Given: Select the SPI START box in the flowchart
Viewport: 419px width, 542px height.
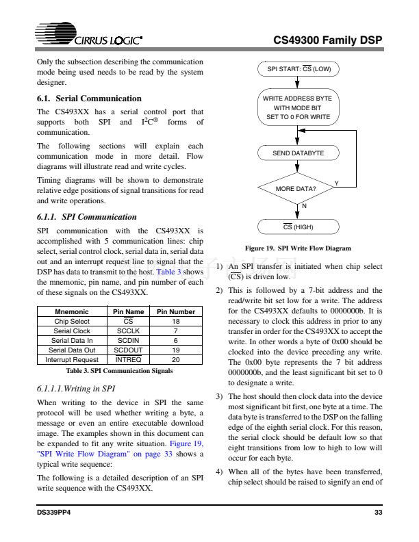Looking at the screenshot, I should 298,69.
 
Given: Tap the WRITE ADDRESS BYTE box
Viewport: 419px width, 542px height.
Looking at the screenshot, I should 298,108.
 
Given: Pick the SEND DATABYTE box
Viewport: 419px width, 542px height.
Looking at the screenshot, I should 298,153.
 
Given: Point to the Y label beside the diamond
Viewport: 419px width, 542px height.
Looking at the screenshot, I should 336,182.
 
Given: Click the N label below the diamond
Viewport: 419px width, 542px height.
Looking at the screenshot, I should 304,207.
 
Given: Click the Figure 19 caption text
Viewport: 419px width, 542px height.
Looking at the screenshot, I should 298,248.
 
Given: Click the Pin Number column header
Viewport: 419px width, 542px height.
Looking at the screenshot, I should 176,311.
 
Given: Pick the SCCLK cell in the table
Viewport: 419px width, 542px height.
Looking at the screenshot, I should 128,331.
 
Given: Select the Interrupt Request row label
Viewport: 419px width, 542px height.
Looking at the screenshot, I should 72,359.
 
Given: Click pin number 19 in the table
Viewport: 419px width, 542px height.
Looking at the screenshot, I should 176,350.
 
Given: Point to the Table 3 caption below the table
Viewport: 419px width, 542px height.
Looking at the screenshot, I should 119,370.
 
